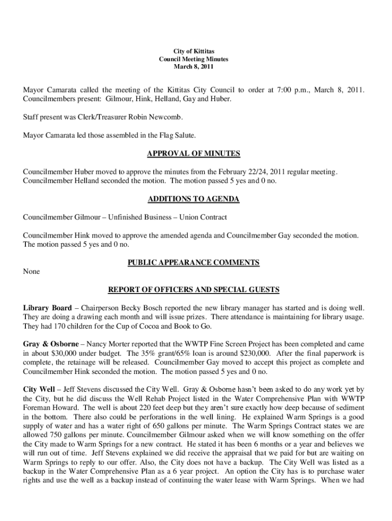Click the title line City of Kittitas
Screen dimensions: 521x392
coord(193,51)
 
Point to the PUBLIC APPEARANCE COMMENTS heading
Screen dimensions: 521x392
coord(193,263)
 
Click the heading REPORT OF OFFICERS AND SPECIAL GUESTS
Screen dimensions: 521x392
coord(193,290)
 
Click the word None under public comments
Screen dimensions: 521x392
coord(32,272)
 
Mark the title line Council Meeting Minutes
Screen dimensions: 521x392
coord(193,59)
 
